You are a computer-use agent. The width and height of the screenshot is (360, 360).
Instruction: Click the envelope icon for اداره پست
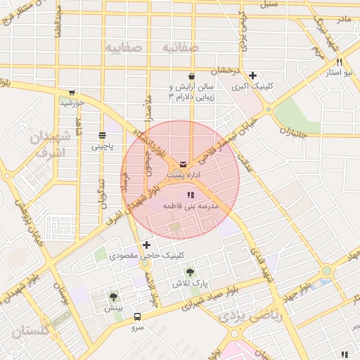184,164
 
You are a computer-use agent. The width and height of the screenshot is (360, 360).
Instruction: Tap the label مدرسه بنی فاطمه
191,206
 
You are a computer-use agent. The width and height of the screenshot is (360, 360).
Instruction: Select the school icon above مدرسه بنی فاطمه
190,195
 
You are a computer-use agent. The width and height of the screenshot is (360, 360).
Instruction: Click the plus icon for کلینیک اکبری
252,76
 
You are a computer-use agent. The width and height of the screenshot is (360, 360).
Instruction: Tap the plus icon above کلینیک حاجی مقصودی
146,245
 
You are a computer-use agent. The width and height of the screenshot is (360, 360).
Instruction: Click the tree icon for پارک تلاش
190,271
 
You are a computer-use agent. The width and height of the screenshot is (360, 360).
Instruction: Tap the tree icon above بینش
113,297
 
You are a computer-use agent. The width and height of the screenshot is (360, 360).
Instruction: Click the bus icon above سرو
136,316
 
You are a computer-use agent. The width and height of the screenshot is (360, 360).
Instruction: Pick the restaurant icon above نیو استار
340,63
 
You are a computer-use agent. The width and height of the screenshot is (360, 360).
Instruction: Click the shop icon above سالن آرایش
191,76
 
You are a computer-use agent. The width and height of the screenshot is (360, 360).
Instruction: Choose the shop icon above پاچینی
102,135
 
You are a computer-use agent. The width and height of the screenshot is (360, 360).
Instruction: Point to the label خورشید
72,103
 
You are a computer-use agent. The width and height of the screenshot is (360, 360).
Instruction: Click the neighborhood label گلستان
32,329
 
